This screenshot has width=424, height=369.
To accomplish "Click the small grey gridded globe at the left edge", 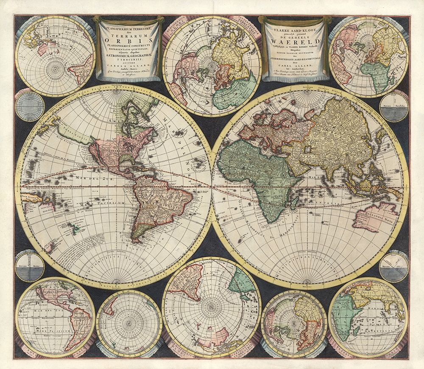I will pyautogui.click(x=29, y=106).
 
